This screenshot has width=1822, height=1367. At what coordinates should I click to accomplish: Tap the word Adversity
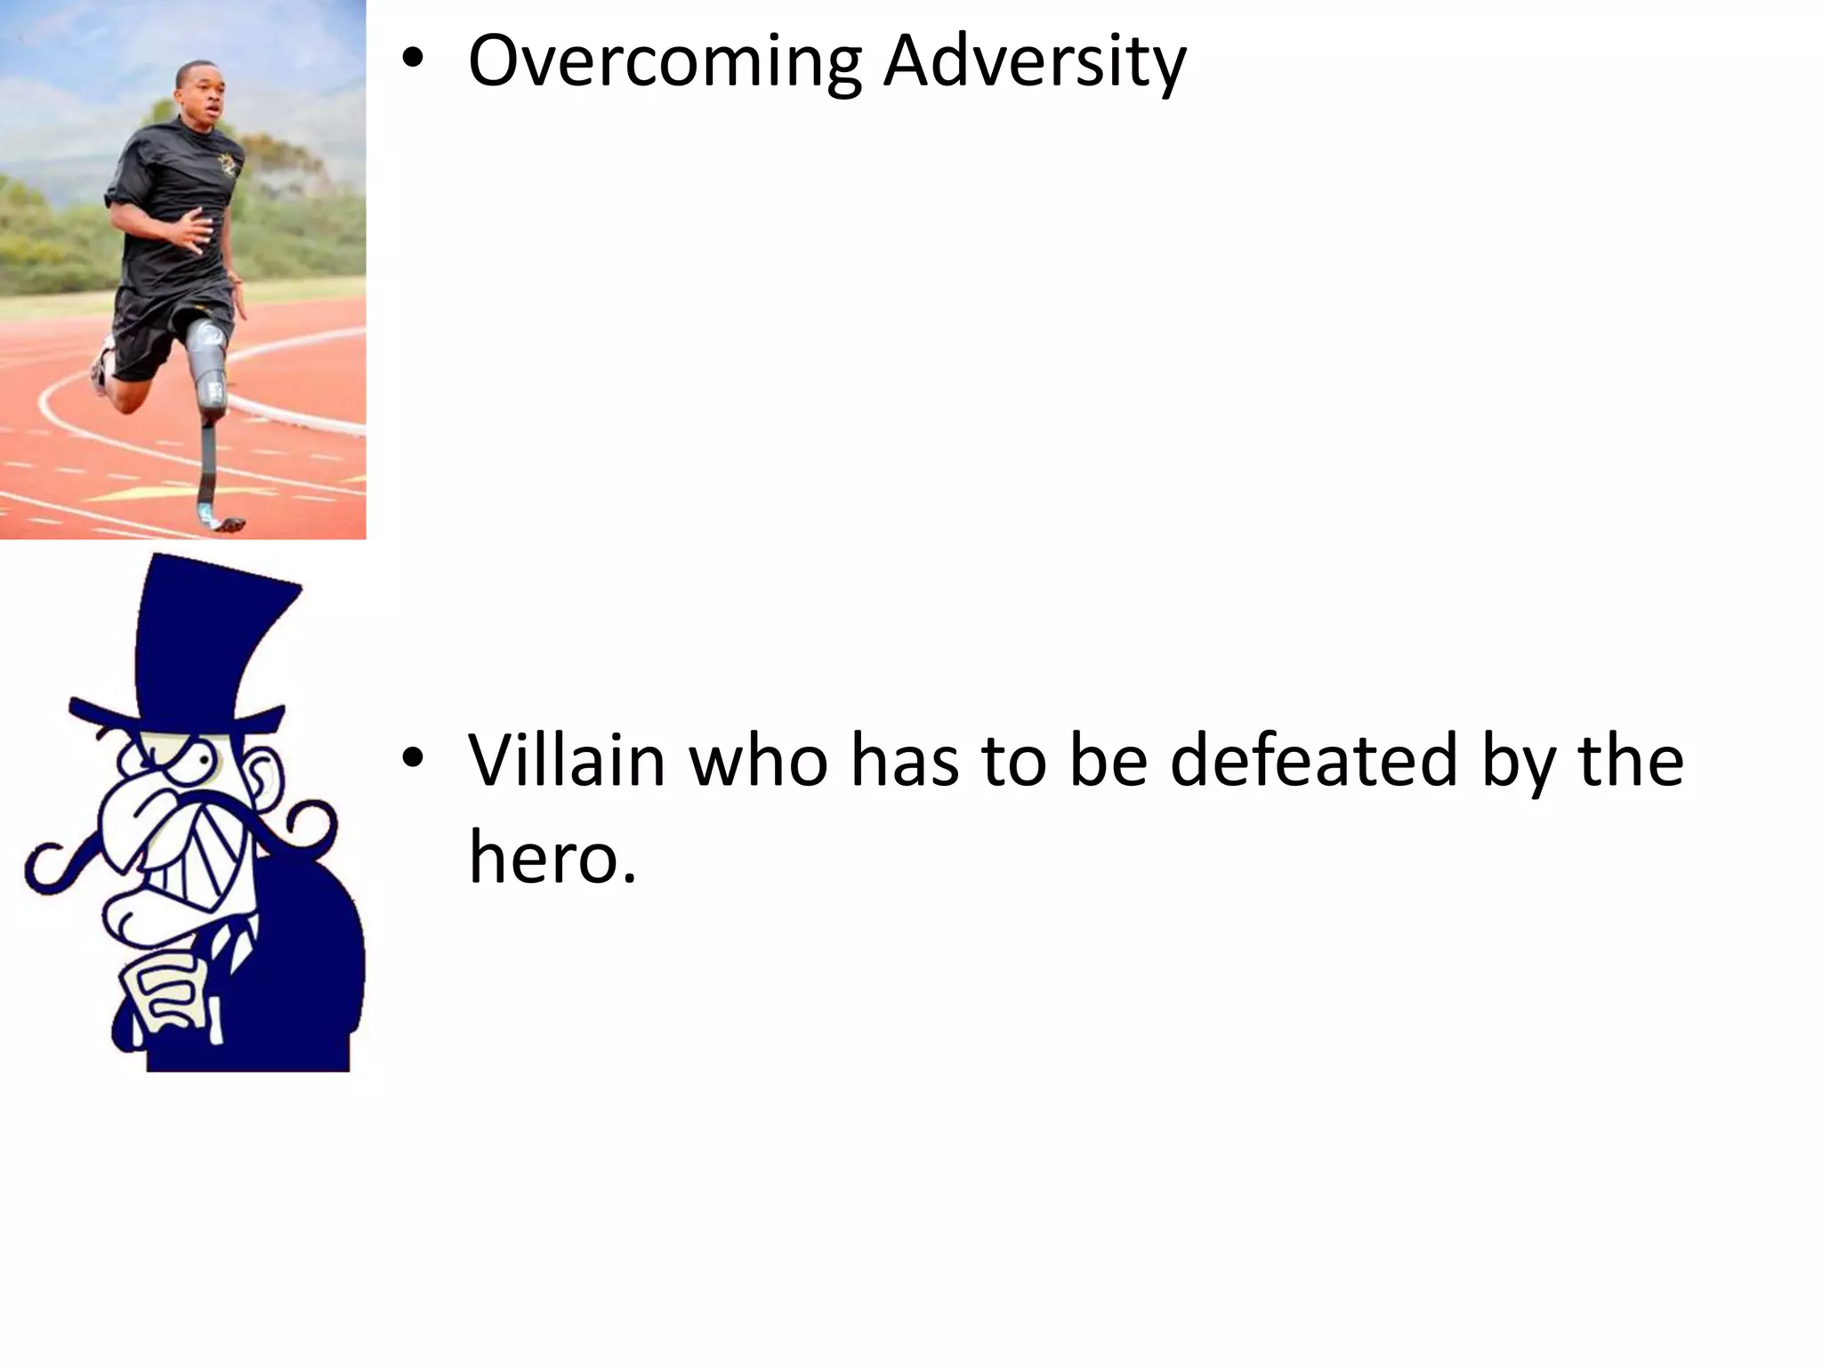1034,62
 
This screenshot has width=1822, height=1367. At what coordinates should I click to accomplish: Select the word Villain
567,761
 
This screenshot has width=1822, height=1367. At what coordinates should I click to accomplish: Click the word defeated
1313,761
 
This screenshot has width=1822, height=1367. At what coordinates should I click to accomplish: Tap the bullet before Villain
412,758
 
